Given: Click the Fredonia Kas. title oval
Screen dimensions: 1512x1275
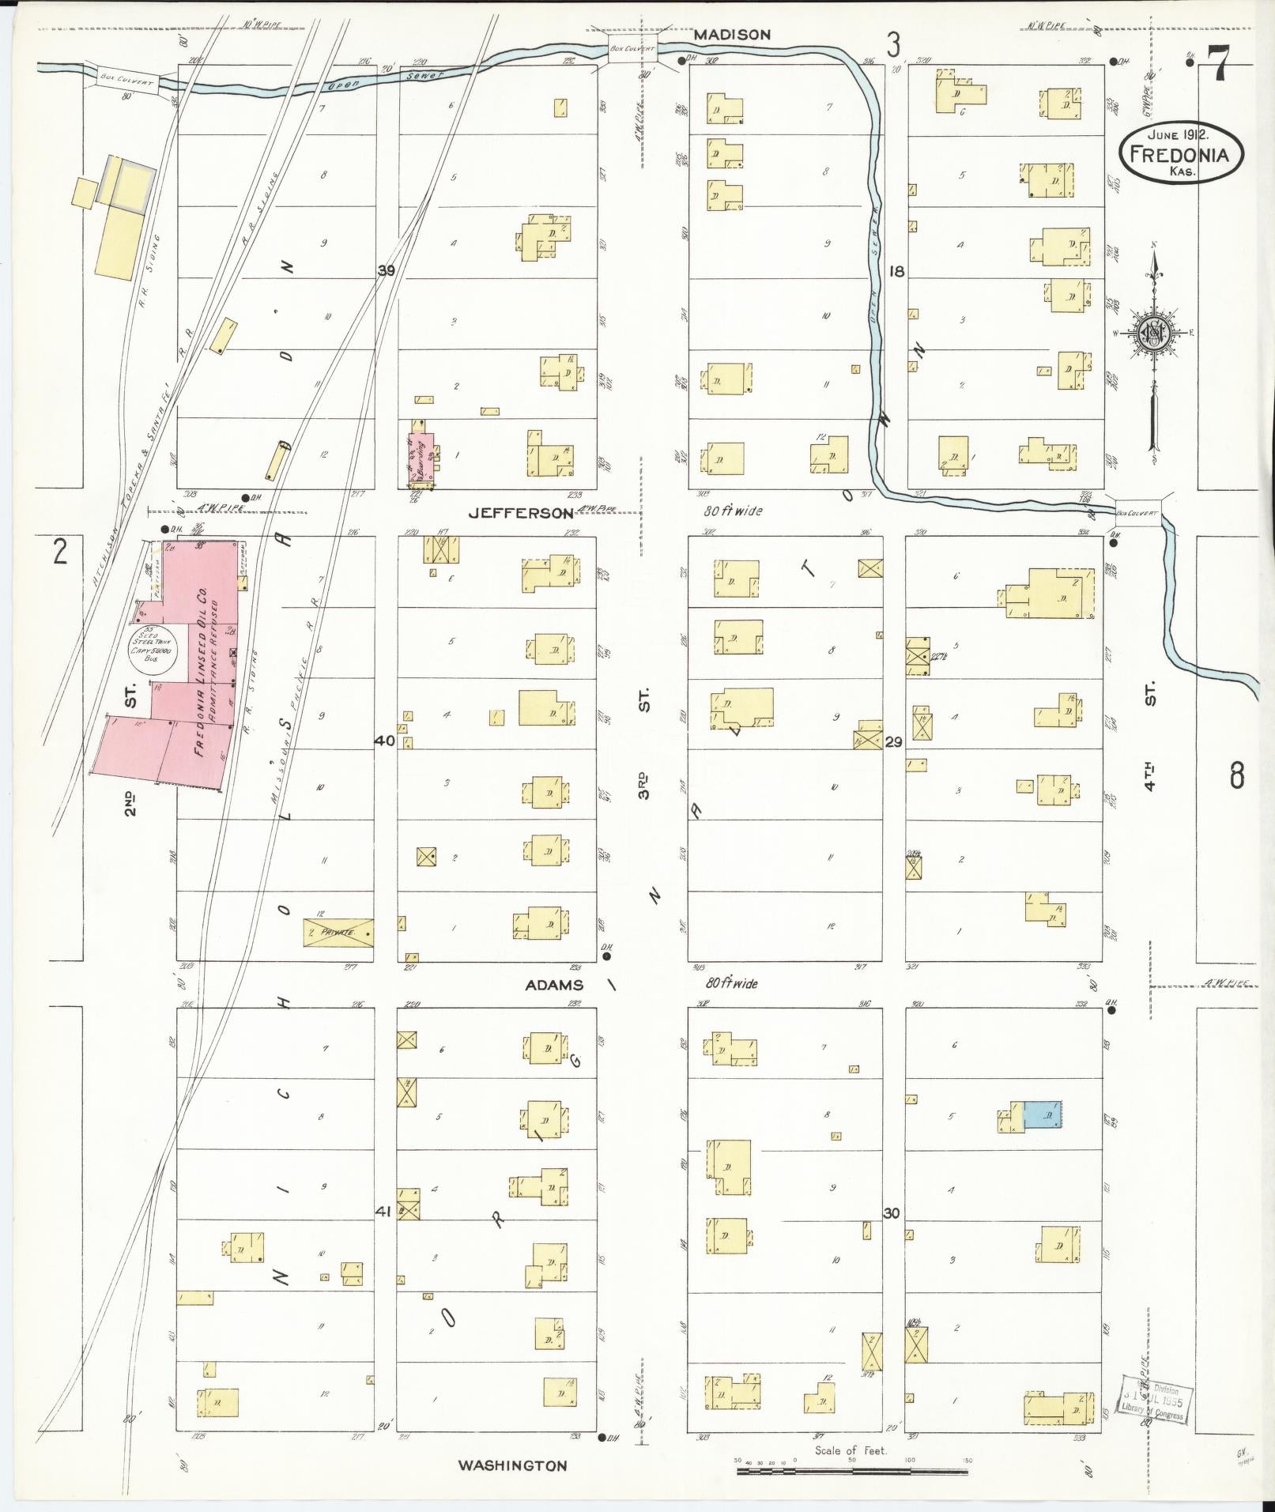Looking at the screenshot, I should pyautogui.click(x=1179, y=153).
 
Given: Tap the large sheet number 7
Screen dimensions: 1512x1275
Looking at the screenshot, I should pyautogui.click(x=1218, y=62).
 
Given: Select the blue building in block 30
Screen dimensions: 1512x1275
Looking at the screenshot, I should pyautogui.click(x=1042, y=1115).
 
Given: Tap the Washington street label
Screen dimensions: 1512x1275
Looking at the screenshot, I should pyautogui.click(x=512, y=1465).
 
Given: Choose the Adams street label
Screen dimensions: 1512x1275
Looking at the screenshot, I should pyautogui.click(x=554, y=985).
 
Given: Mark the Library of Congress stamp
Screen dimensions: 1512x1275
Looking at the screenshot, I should pyautogui.click(x=1153, y=1403).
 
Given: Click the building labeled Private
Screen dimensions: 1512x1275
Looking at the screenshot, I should pyautogui.click(x=339, y=933).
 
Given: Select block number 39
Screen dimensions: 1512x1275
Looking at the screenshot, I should pyautogui.click(x=386, y=271).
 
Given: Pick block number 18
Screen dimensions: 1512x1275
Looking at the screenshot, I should pyautogui.click(x=896, y=271).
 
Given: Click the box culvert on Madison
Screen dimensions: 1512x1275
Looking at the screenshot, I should pyautogui.click(x=632, y=47).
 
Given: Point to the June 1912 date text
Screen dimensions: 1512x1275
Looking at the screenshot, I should pyautogui.click(x=1179, y=134).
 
